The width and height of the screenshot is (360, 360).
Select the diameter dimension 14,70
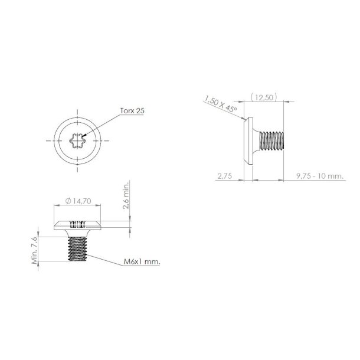81,201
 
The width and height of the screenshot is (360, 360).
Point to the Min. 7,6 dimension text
36,250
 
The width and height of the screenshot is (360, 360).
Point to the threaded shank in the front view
78,248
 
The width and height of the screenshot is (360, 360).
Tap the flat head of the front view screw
78,225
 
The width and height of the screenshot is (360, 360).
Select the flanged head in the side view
249,139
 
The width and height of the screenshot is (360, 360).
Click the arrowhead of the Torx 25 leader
87,136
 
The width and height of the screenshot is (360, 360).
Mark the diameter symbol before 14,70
69,201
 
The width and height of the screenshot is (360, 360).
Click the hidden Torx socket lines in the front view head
78,224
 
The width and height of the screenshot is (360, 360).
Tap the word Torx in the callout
125,110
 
